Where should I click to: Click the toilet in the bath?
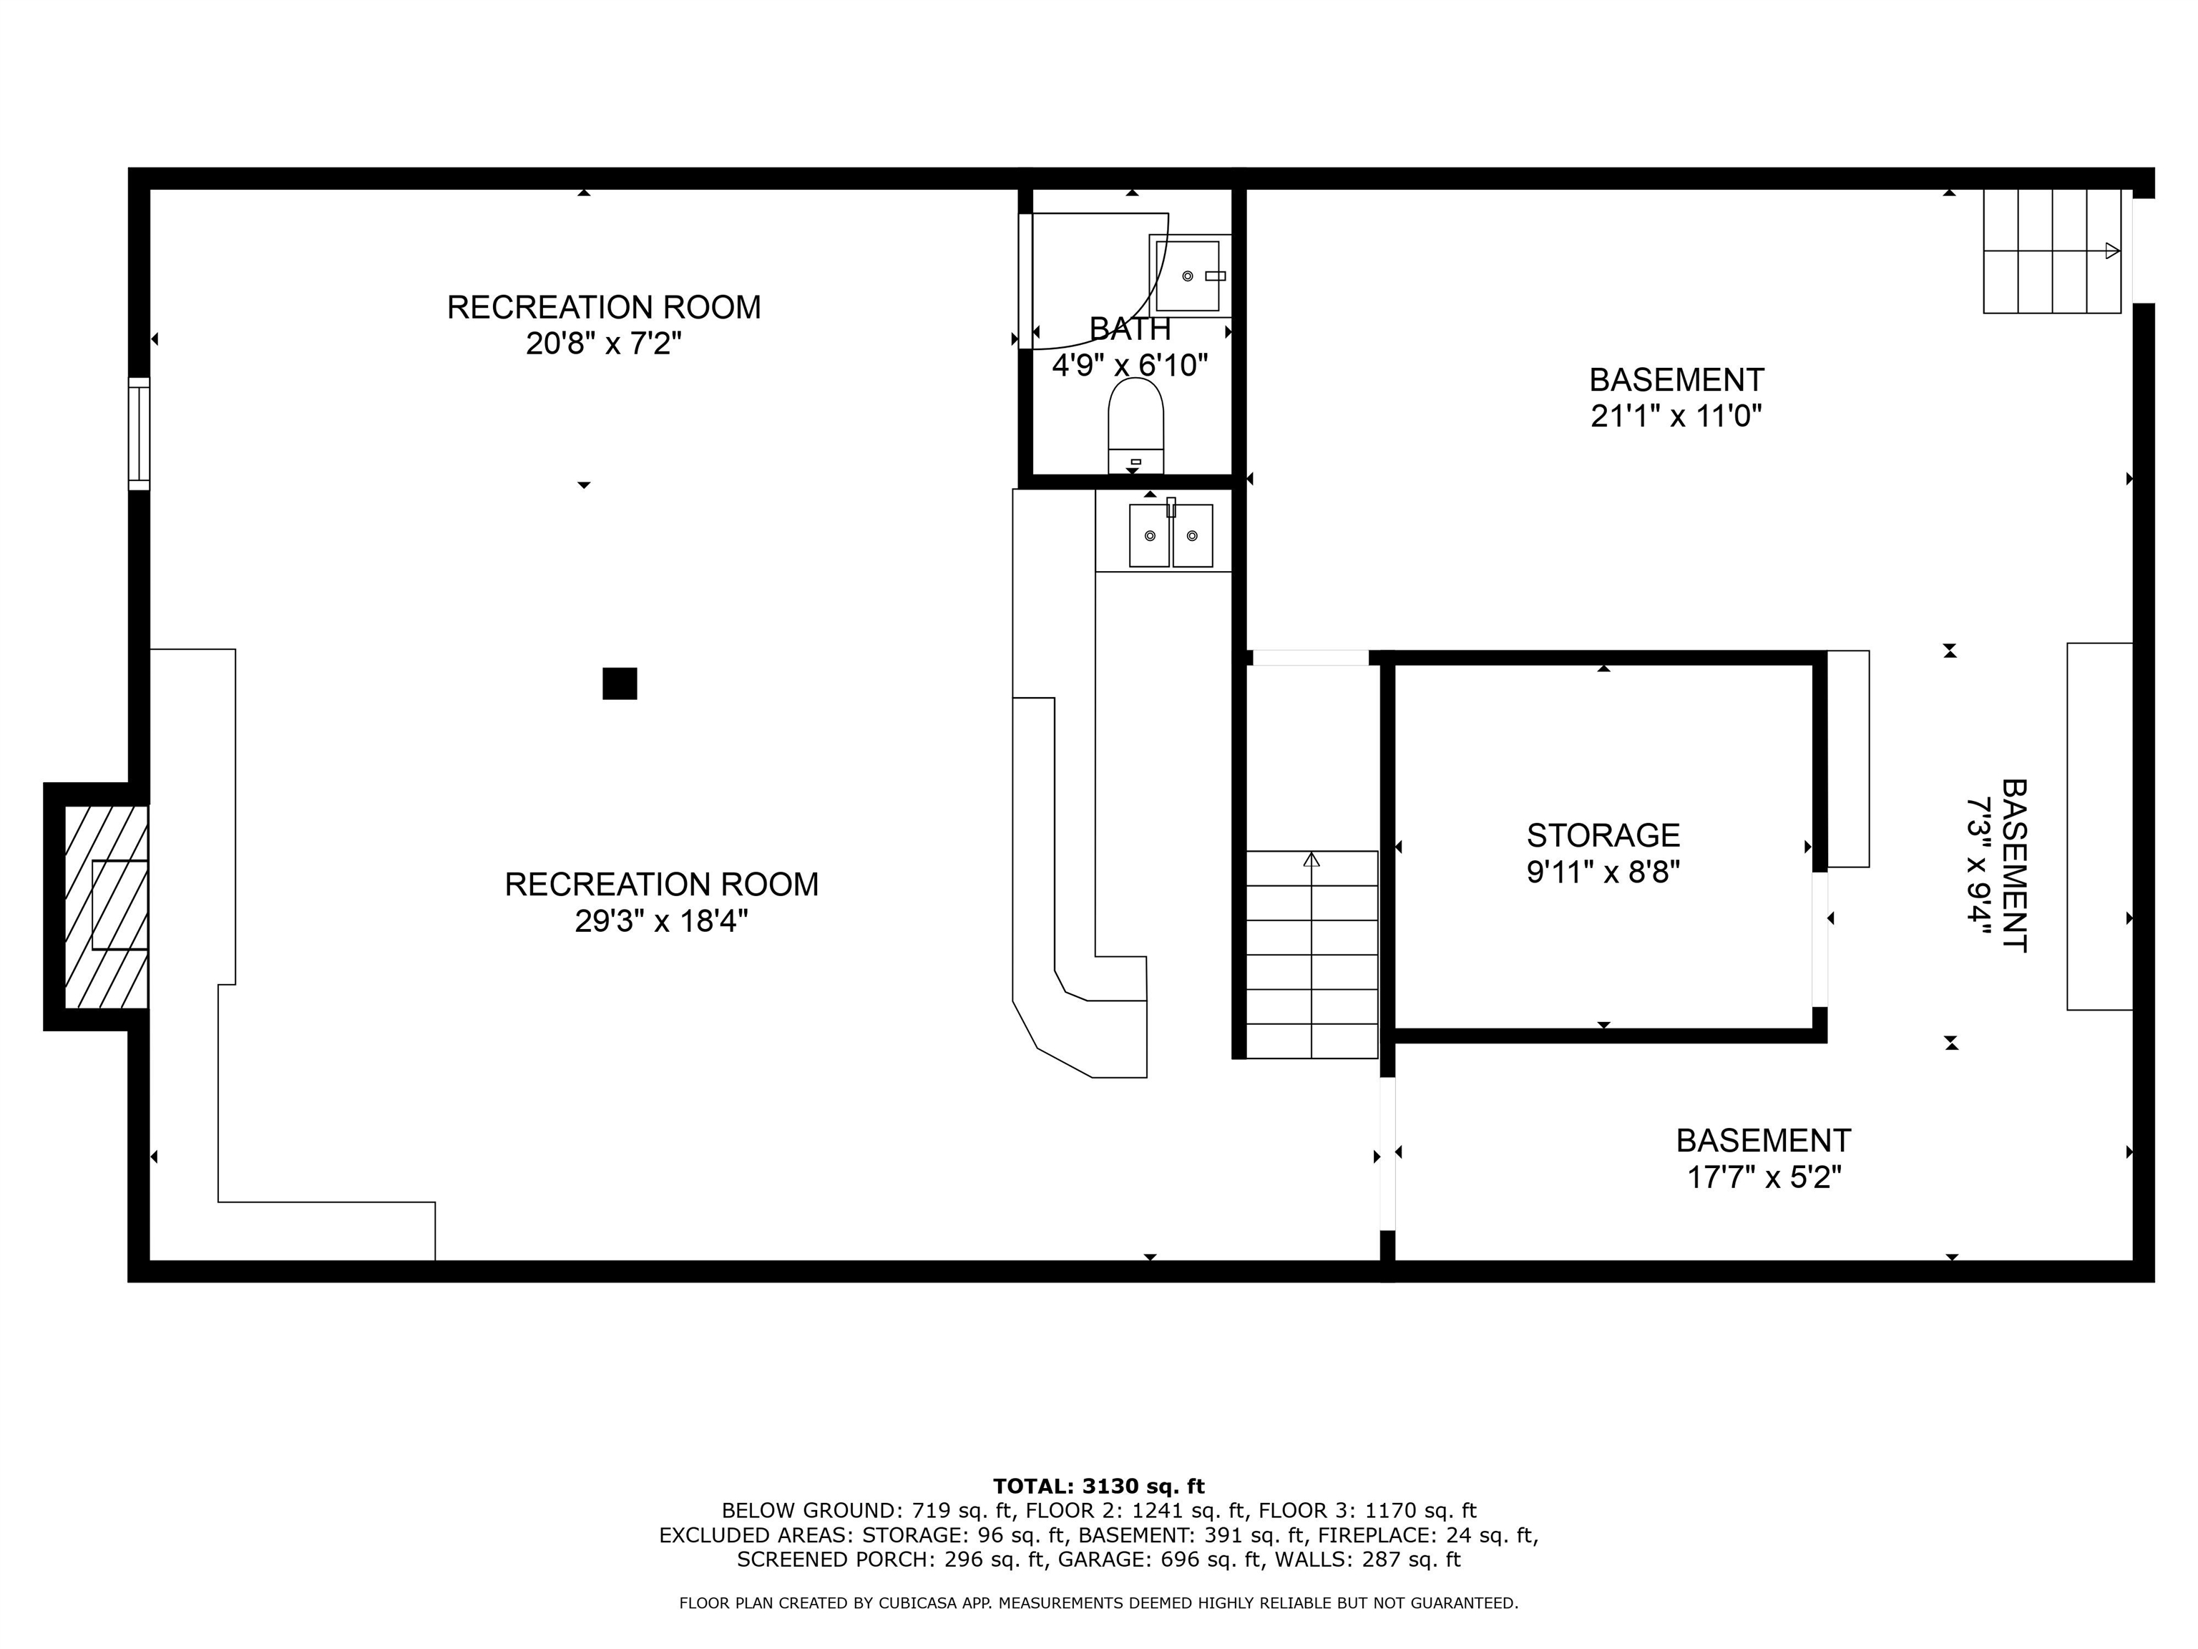point(1135,424)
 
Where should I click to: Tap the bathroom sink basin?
point(1188,276)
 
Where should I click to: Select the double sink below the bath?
point(1171,536)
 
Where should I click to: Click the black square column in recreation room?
point(619,684)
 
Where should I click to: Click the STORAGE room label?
point(1603,835)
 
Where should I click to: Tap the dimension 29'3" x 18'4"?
point(661,921)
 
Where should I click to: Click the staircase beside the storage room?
point(1312,954)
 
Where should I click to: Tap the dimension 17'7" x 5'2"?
point(1764,1178)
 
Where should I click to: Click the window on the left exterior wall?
point(139,434)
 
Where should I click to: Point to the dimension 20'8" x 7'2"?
point(603,344)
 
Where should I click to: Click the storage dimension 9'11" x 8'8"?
point(1603,872)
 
